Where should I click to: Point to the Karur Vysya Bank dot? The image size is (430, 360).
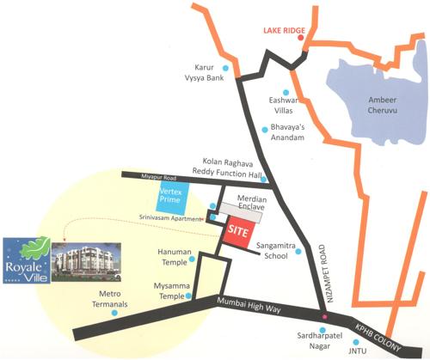pos(226,67)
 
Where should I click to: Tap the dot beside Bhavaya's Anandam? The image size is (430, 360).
pos(265,130)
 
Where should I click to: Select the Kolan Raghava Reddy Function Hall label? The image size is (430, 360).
pos(231,168)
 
